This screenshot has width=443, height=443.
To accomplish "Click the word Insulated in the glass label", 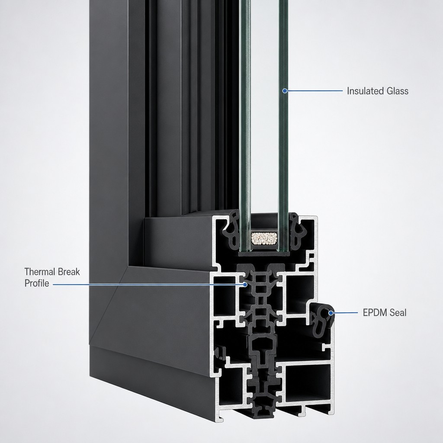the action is coord(364,91).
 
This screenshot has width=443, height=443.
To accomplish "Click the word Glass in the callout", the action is coord(397,91).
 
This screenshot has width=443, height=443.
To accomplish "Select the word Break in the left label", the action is coord(69,272).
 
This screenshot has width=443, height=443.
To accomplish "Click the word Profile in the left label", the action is coord(37,283).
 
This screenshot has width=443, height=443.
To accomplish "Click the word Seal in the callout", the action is coord(398,313).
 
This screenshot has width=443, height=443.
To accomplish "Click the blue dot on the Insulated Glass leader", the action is coord(285,91).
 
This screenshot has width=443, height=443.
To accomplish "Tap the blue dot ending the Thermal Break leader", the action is coord(245,285).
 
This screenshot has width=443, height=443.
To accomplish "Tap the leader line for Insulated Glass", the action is coord(315,91).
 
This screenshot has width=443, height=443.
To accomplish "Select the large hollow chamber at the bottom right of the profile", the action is coord(308,383).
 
